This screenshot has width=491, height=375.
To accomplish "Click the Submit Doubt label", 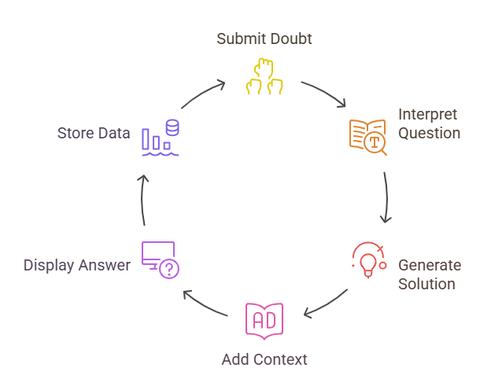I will (264, 39).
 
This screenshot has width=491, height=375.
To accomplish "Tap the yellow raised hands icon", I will (264, 77).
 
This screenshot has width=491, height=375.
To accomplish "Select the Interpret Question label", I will (429, 123).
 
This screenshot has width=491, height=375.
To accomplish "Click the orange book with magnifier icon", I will (367, 136).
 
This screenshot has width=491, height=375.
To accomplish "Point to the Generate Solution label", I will (429, 274).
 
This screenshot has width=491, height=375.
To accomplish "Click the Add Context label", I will (264, 359).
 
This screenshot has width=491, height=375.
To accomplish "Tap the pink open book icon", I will (264, 321).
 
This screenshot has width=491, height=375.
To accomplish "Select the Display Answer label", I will (76, 265).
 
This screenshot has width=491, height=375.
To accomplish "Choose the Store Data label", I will (93, 133).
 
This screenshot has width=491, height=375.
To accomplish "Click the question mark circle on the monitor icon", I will (169, 270).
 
